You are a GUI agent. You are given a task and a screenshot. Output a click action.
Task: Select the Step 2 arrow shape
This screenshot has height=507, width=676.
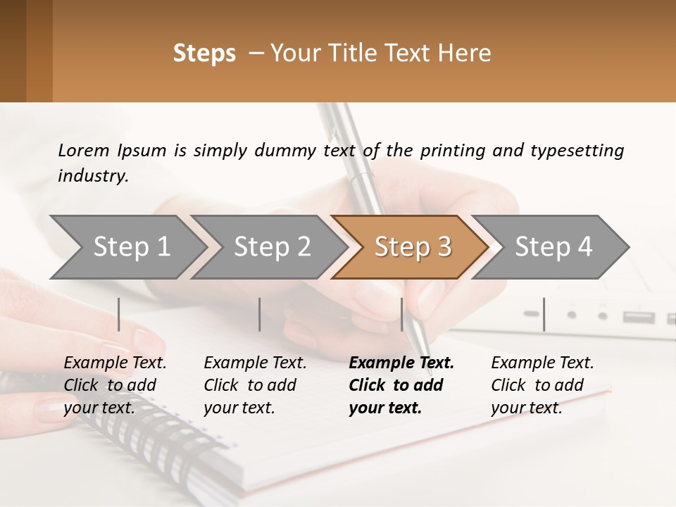pos(272,247)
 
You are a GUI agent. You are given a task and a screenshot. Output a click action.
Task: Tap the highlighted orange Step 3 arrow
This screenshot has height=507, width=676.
pos(413,247)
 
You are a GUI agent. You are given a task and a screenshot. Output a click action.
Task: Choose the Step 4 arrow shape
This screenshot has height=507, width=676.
pos(553,247)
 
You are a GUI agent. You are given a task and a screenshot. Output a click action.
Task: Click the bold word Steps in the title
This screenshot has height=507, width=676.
pos(204,54)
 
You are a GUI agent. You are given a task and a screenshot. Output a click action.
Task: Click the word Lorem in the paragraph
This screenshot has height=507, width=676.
pos(83,150)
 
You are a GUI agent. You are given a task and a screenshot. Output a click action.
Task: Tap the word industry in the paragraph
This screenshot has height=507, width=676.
pos(92,176)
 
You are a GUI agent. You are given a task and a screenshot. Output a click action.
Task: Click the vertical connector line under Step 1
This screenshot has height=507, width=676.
pos(119,314)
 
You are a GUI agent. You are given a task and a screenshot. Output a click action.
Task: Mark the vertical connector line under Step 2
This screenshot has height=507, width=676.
pos(260,314)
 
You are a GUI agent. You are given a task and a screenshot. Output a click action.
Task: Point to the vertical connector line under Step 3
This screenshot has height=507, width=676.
pos(401,314)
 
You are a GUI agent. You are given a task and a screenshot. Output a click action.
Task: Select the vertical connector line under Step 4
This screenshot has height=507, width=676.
pos(544,314)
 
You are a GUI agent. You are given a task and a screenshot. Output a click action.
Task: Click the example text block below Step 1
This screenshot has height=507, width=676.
pos(115,385)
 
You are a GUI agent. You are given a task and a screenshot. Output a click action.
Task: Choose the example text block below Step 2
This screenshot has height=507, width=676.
pos(255,385)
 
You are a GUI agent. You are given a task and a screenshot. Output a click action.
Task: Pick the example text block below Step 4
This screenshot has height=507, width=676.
pos(542,385)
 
